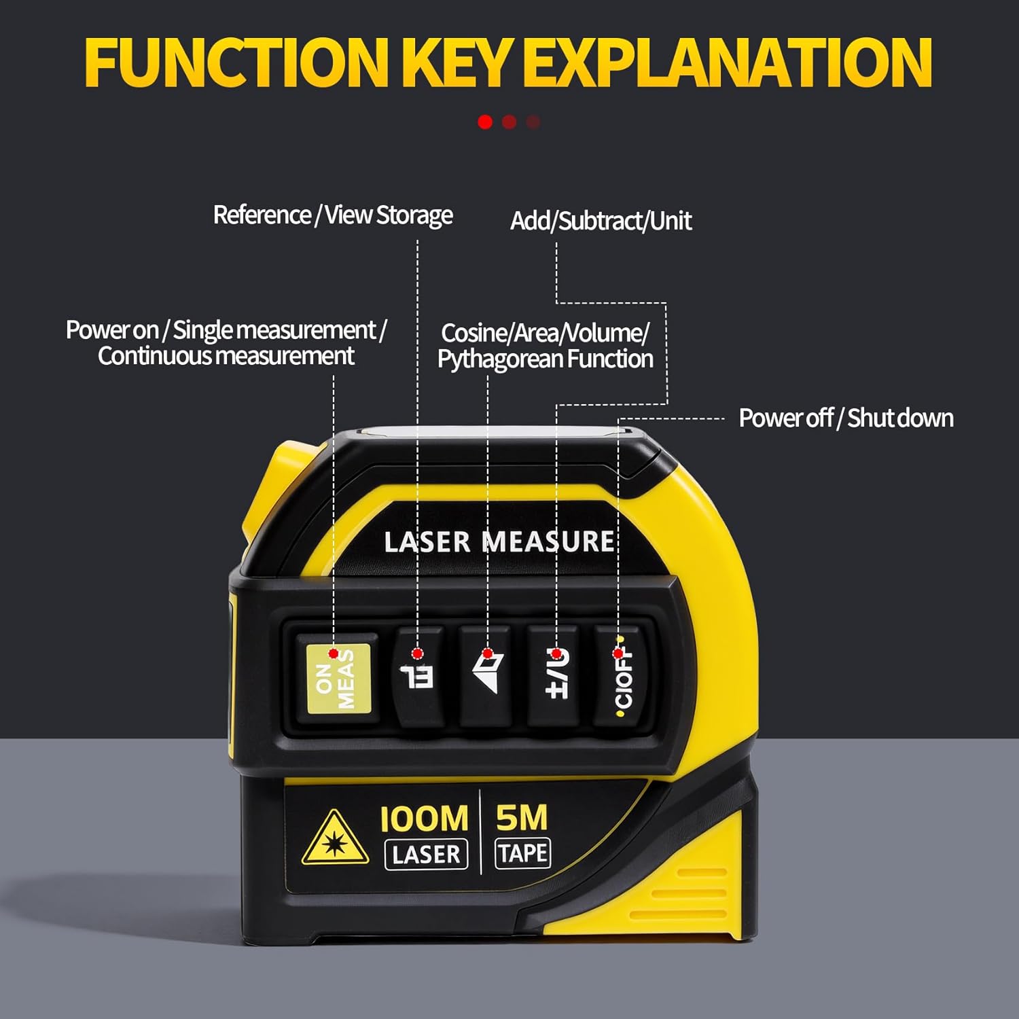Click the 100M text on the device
point(424,819)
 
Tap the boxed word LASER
point(426,855)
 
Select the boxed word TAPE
point(522,853)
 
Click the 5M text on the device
point(522,818)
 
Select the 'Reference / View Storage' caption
point(333,215)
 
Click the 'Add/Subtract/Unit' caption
point(601,221)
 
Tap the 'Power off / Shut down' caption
point(846,418)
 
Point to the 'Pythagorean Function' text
point(545,359)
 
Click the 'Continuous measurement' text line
point(226,356)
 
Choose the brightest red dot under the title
point(485,122)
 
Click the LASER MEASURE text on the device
point(499,542)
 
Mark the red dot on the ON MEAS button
point(333,654)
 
